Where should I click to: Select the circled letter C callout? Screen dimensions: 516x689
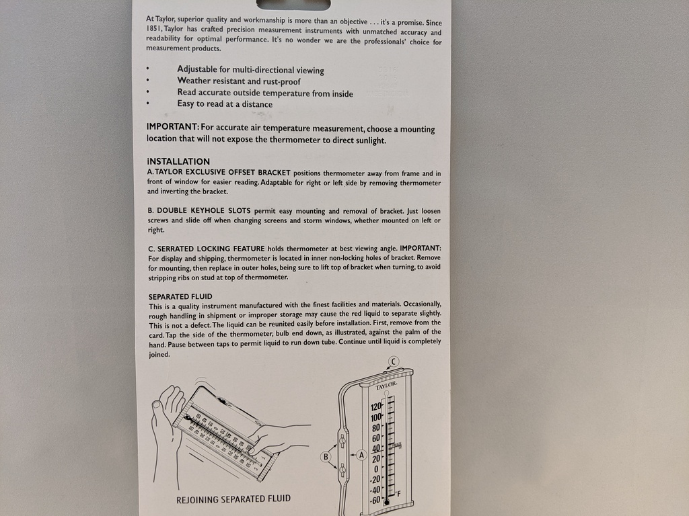(x=394, y=361)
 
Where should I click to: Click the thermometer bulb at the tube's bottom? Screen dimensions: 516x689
(x=386, y=501)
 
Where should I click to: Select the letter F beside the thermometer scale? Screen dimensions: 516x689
(x=398, y=495)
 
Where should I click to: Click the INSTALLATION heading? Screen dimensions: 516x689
(x=178, y=161)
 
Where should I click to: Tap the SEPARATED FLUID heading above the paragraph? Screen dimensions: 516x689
(x=180, y=296)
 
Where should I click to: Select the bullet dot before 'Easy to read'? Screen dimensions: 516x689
(x=148, y=104)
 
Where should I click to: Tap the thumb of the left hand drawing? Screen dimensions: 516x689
(x=159, y=405)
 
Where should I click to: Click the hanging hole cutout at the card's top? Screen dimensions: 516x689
(x=293, y=3)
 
